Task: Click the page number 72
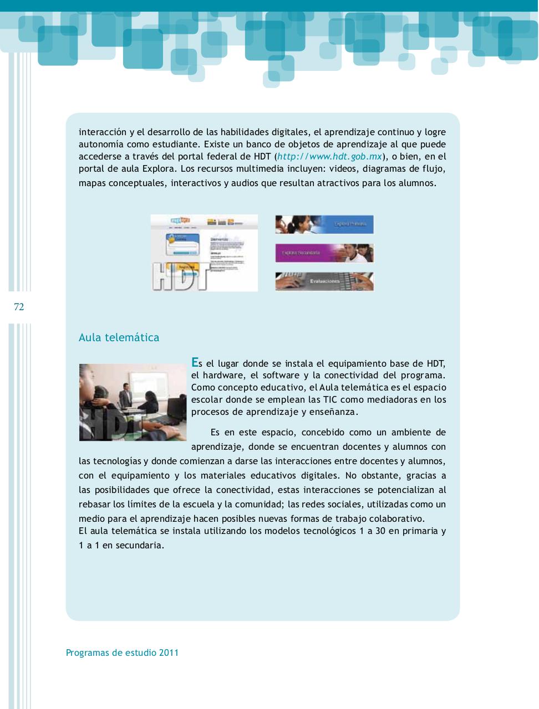click(x=19, y=307)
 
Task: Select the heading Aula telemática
click(x=119, y=337)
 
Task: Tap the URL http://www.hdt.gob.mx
click(x=330, y=157)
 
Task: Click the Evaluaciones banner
click(x=324, y=281)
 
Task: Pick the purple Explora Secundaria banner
click(x=324, y=253)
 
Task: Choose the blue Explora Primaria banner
click(x=324, y=224)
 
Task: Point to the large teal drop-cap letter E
click(x=195, y=362)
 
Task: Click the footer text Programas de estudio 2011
click(x=122, y=653)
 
